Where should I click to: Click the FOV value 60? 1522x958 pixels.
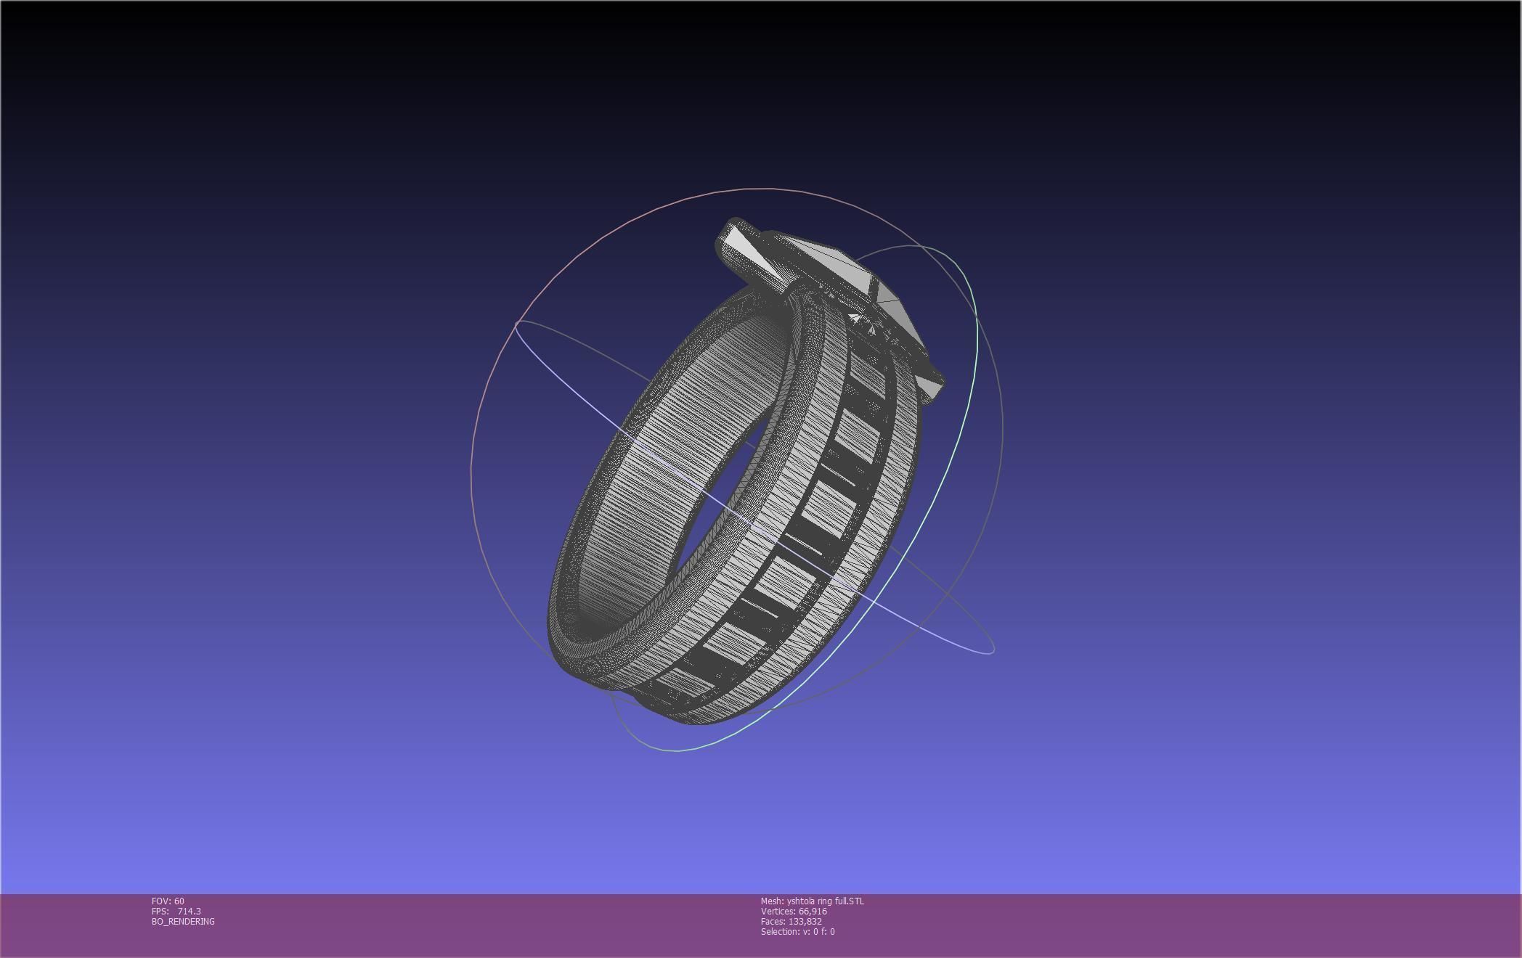coord(179,901)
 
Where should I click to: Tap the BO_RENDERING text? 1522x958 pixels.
coord(183,922)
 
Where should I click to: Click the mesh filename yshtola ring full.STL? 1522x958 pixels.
coord(826,901)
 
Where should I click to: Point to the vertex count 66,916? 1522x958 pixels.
coord(813,912)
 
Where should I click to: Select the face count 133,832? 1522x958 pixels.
coord(805,922)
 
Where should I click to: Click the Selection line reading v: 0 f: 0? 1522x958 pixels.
coord(797,932)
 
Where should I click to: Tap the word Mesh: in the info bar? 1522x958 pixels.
coord(772,901)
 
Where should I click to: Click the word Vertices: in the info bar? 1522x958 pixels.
coord(778,912)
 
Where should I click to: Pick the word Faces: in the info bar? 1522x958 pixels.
coord(773,922)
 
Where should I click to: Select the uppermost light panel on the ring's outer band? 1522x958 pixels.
coord(868,370)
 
